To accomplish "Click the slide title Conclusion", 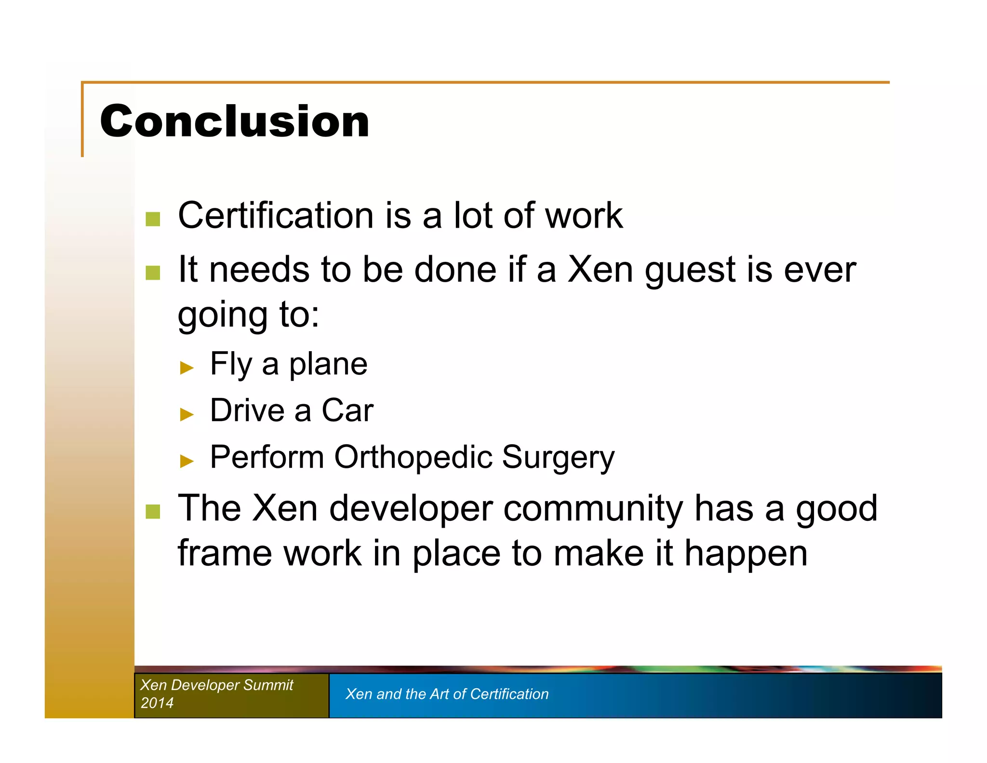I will (234, 121).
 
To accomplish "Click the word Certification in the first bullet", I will (276, 215).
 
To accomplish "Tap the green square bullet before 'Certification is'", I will (153, 219).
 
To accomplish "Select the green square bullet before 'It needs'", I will (153, 272).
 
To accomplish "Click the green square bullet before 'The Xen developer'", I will (153, 512).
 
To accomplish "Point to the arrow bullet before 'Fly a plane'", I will (187, 368).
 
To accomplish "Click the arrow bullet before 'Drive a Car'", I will (187, 414).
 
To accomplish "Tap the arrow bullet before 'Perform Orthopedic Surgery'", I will (187, 461).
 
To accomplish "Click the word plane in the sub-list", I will (328, 365).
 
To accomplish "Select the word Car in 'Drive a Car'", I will (347, 410).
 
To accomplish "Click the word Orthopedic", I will (413, 457).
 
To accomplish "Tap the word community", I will (593, 509).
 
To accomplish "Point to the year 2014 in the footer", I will (157, 703).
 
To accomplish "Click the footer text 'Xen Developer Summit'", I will (216, 685).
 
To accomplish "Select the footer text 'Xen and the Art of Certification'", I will (447, 694).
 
